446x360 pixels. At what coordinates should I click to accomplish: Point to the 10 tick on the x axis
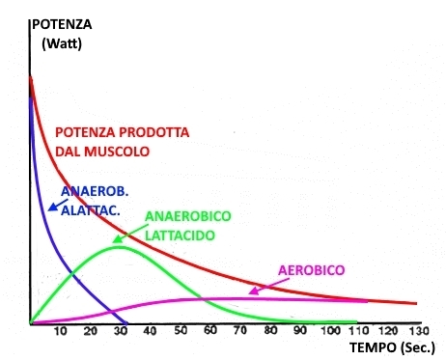[60, 332]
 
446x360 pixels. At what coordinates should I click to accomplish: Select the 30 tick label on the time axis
[121, 332]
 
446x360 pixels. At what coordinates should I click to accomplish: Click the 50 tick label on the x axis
[181, 332]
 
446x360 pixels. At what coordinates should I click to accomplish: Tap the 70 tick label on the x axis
[240, 332]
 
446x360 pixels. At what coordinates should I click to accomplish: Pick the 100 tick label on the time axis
[329, 332]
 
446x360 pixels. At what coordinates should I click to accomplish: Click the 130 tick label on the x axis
[419, 332]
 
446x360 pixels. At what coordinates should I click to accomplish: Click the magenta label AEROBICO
[311, 269]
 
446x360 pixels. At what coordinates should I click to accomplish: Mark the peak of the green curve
[118, 247]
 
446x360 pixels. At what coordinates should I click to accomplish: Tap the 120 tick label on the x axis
[389, 332]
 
